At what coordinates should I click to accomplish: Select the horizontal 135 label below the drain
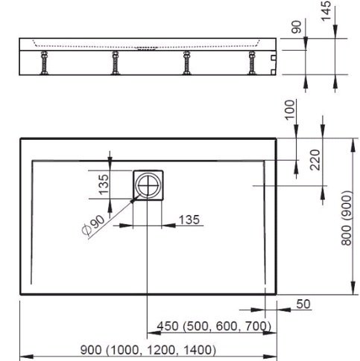click(189, 220)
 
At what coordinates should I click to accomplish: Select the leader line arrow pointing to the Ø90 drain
click(131, 202)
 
